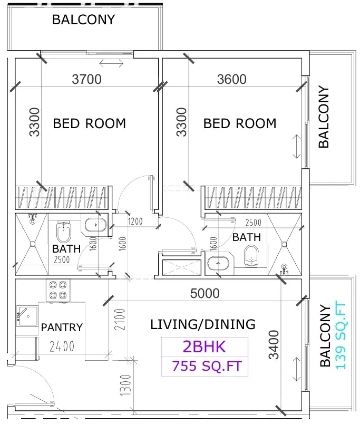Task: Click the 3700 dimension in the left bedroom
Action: tap(87, 79)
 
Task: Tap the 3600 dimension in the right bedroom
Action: tap(232, 79)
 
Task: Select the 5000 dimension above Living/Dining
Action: tap(205, 293)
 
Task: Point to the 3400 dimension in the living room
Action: tap(274, 344)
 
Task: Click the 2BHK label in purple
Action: tap(205, 346)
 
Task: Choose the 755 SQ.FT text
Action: tap(207, 366)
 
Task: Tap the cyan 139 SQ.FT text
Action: tap(340, 336)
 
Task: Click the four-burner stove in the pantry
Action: tap(58, 290)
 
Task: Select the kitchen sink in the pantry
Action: tap(27, 316)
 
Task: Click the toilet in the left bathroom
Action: tap(64, 231)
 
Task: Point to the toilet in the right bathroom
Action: tap(251, 256)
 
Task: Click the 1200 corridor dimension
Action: tap(135, 221)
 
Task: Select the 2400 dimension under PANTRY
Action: tap(62, 346)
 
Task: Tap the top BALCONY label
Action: tap(83, 20)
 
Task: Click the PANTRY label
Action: tap(62, 327)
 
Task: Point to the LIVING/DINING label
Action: tap(203, 324)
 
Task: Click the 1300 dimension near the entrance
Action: tap(125, 385)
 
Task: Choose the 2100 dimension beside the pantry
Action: tap(120, 319)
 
